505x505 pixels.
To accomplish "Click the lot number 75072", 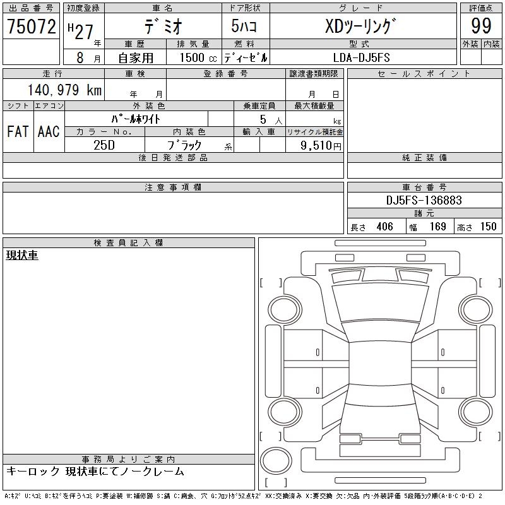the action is (x=32, y=26).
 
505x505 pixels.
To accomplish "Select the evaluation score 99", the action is (x=481, y=26).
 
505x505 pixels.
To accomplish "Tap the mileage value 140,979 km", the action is (x=64, y=90).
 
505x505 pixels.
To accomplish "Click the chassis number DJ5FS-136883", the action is (x=424, y=200).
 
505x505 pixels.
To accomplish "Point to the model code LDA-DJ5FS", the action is (x=362, y=57).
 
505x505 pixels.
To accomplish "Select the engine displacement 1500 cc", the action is (x=198, y=57).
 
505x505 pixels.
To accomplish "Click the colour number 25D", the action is (x=104, y=145).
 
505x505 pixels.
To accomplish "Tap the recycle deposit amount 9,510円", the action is (x=321, y=146).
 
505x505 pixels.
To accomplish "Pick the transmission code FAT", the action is (x=18, y=131).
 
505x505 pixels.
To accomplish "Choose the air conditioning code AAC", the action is (x=49, y=131).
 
